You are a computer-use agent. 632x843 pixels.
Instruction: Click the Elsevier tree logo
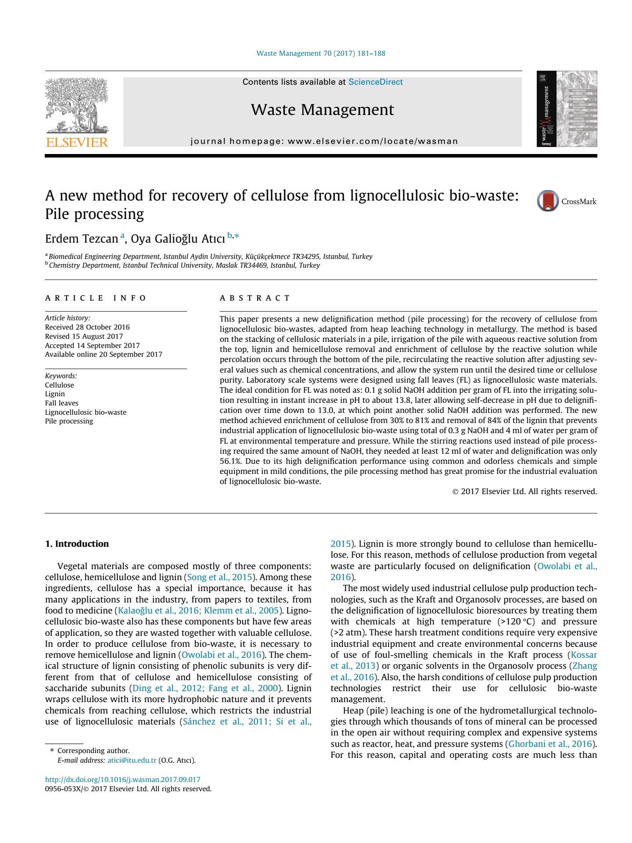click(77, 105)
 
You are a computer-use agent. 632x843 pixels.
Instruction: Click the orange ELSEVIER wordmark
click(77, 143)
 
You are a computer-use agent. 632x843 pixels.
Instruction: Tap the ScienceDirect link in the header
click(375, 82)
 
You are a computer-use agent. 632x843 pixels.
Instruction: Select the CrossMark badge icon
click(548, 201)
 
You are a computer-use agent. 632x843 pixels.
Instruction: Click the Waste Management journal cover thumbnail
click(567, 109)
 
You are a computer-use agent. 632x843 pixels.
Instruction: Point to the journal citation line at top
click(321, 54)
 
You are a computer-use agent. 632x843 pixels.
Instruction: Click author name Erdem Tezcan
click(82, 239)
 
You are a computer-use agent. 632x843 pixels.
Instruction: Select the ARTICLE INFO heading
click(95, 298)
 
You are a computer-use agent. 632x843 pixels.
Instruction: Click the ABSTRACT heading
click(255, 298)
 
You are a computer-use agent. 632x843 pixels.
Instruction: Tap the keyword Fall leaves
click(61, 403)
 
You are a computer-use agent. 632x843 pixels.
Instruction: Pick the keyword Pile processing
click(69, 421)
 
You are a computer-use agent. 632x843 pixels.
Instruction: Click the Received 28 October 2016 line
click(87, 327)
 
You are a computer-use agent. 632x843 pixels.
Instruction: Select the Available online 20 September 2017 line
click(104, 354)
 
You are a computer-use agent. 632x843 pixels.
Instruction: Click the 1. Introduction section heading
click(77, 544)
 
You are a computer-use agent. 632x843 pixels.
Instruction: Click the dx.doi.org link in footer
click(122, 779)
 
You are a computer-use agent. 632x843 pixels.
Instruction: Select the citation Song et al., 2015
click(219, 577)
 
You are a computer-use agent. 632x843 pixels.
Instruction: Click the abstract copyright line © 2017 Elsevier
click(524, 491)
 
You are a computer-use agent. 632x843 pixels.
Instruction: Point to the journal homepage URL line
click(324, 141)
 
